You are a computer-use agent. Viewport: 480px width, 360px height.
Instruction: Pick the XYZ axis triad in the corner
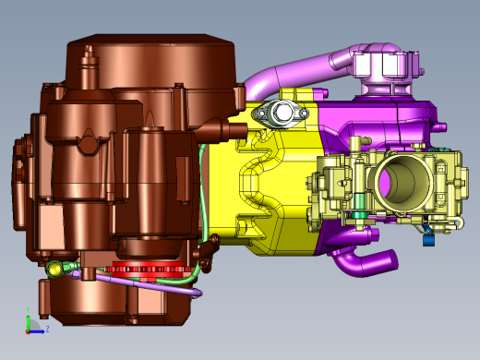coord(33,323)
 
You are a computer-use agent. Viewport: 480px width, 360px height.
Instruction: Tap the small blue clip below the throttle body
coord(428,240)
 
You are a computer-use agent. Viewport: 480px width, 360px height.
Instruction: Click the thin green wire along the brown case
coord(199,203)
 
